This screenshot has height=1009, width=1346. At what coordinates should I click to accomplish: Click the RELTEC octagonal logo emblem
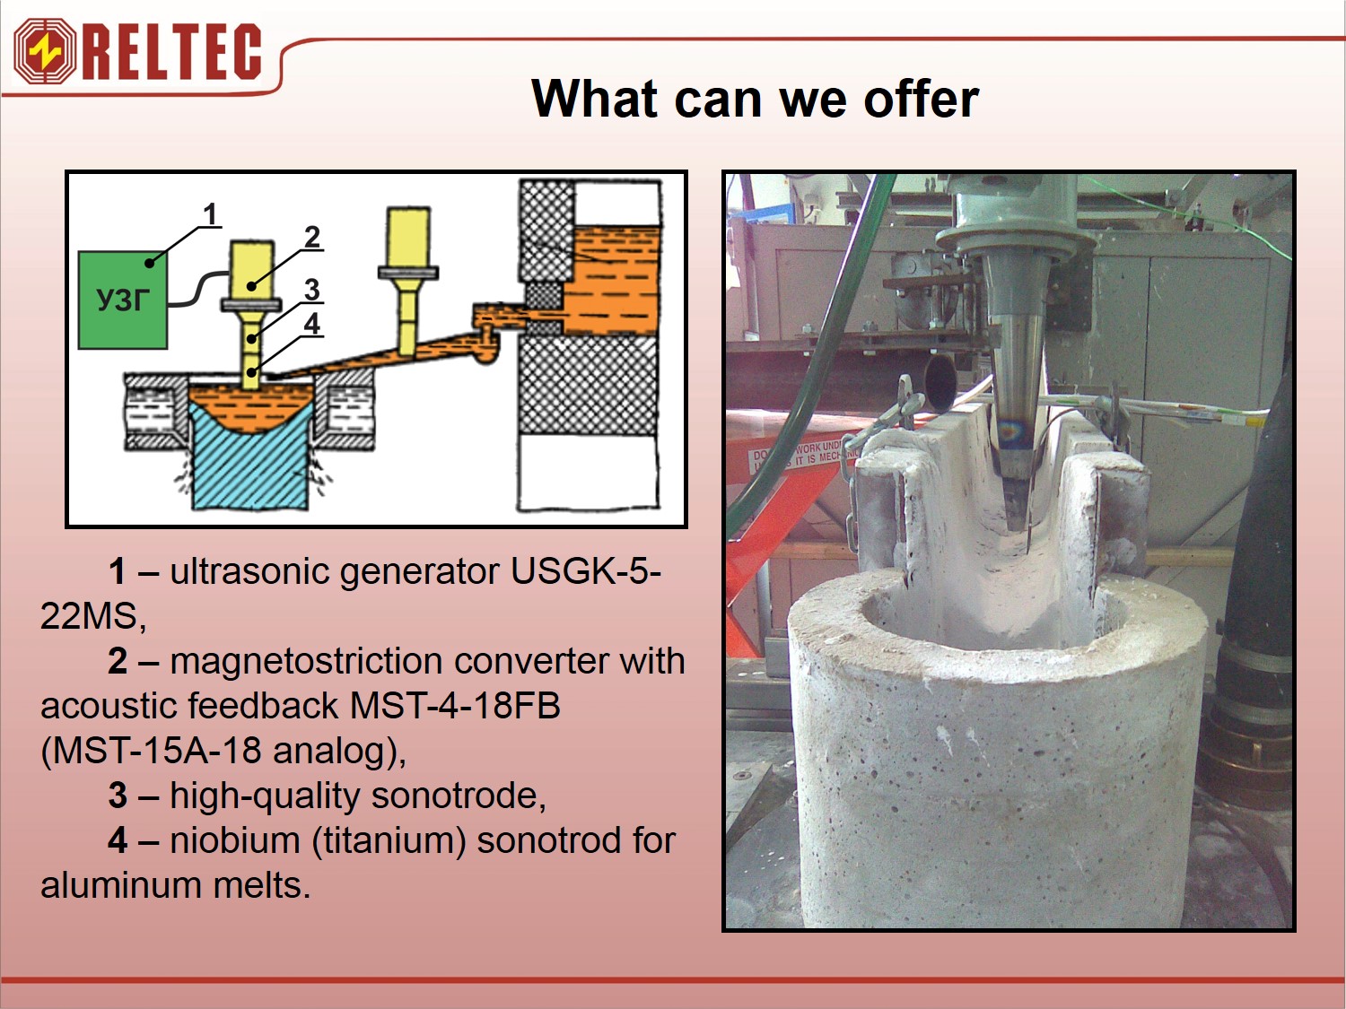[45, 51]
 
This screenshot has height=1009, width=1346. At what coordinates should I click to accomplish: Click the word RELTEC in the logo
[172, 52]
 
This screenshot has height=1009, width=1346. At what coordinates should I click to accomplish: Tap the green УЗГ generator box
[123, 300]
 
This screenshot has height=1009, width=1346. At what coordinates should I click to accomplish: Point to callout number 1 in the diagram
[210, 214]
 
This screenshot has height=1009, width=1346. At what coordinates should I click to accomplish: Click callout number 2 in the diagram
[312, 237]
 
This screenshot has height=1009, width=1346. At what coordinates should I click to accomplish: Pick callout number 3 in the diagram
[312, 290]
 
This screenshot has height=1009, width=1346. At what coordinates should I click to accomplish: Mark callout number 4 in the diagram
[312, 324]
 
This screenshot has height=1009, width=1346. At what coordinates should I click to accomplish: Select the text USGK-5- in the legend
[586, 571]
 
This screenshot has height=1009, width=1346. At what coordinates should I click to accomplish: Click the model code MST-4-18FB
[455, 705]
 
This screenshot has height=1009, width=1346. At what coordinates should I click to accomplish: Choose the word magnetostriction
[307, 662]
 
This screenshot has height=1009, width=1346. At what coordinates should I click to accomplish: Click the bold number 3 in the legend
[118, 796]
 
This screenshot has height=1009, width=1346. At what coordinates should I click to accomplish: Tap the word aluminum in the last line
[121, 885]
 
